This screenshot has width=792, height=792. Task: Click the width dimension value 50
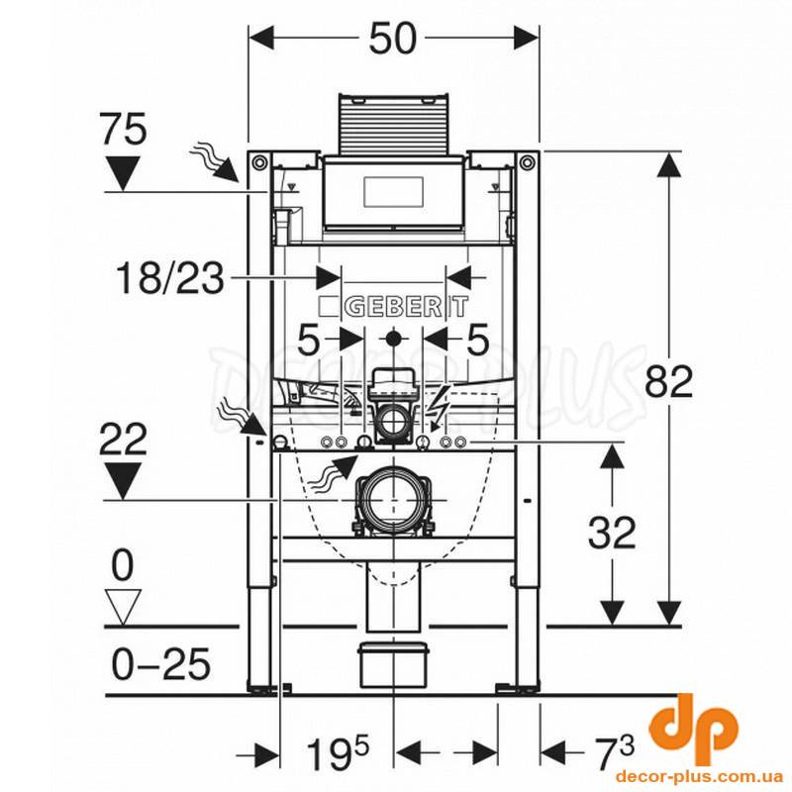click(x=393, y=39)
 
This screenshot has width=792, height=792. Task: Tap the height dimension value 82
click(x=669, y=382)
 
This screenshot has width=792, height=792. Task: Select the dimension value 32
click(x=612, y=534)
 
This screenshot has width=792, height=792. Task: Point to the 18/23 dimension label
click(x=169, y=278)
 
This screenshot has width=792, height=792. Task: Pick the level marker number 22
click(x=123, y=440)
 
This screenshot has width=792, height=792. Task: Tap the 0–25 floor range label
click(x=160, y=664)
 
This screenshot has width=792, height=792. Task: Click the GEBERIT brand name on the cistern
click(x=394, y=306)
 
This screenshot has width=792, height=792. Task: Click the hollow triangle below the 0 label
click(x=124, y=607)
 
